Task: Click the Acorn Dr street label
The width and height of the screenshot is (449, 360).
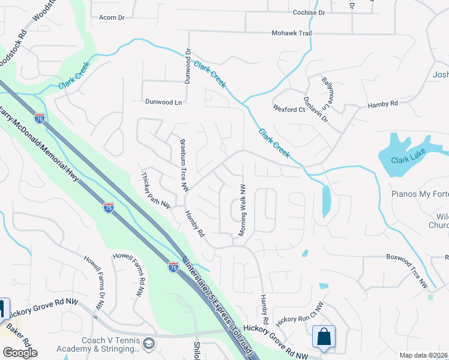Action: [112, 18]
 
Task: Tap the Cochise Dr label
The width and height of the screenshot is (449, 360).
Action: [309, 12]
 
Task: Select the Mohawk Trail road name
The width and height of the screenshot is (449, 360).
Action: [292, 33]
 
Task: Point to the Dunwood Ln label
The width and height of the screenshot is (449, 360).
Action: [162, 103]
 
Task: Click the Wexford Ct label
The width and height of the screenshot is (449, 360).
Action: [289, 110]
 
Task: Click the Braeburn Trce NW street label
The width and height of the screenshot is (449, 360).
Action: [185, 166]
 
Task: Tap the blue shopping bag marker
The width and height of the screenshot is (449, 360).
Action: [324, 338]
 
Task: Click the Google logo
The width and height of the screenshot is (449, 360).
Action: [20, 353]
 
